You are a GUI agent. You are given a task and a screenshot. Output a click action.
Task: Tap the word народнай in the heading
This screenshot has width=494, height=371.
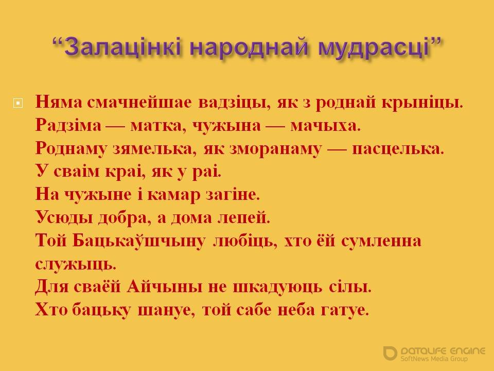point(249,47)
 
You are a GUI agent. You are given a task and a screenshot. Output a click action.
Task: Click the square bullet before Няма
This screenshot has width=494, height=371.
point(18,103)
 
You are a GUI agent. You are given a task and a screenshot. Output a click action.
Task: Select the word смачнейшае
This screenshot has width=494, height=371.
point(139,102)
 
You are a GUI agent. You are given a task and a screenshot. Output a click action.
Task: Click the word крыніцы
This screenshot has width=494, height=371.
point(422,103)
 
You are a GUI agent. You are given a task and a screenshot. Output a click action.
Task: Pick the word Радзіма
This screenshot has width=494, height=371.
point(68,126)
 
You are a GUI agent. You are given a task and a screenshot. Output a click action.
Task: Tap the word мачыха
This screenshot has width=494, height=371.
point(325,126)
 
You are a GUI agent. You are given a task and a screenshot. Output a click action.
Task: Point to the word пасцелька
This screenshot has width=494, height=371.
point(398,149)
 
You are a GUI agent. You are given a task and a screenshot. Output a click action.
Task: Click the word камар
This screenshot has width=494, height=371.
point(173,195)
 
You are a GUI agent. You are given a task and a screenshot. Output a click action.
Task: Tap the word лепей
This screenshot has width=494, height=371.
point(243,217)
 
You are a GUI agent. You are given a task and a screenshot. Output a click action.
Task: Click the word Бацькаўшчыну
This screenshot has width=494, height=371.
point(139,241)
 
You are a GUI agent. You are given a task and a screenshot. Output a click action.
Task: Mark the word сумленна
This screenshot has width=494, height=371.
point(381,241)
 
